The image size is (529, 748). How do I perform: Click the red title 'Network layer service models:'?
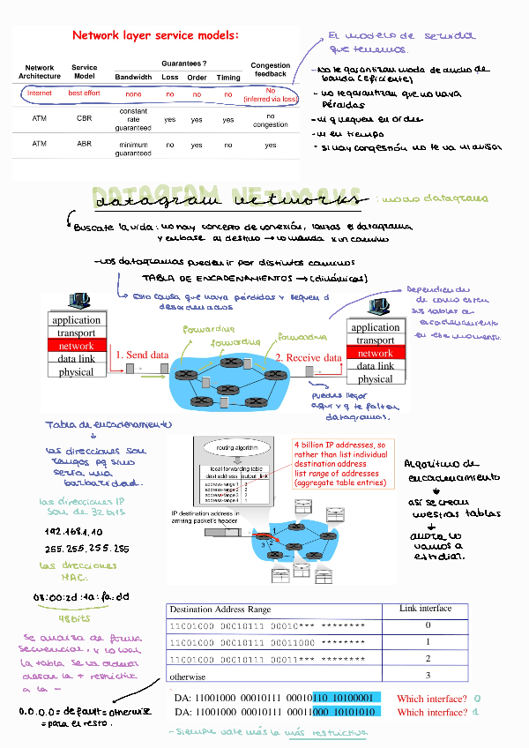(x=154, y=36)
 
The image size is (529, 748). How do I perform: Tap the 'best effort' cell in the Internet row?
(x=85, y=93)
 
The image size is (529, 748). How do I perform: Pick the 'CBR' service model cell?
(x=85, y=117)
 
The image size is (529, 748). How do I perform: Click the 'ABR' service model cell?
(x=85, y=143)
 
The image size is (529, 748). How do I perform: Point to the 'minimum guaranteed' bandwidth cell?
(x=133, y=147)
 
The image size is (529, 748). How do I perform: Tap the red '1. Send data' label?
(x=141, y=355)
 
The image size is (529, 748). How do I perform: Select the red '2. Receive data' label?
(x=308, y=358)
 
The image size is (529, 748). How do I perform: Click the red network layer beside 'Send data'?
(x=76, y=346)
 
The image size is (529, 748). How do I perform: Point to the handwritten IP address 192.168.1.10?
(x=73, y=532)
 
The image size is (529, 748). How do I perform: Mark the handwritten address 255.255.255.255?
(x=86, y=548)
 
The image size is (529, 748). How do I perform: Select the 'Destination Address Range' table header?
(x=220, y=610)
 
